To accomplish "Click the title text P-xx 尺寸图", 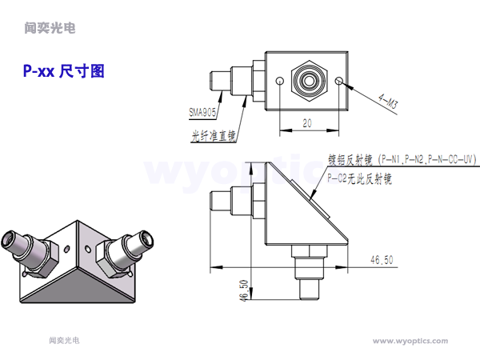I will tap(64, 71).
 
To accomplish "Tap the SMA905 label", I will tap(202, 112).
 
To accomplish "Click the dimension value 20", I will tap(307, 122).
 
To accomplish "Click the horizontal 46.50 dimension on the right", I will tap(382, 259).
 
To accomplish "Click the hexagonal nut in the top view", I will tap(309, 80).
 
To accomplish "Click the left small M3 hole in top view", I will tap(278, 82).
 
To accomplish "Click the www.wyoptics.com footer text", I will tap(410, 341).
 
